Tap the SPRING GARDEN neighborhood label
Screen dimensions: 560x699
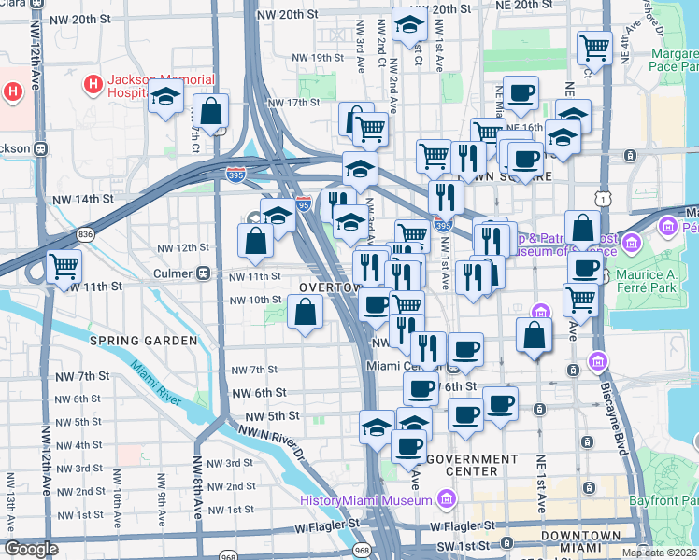tap(143, 341)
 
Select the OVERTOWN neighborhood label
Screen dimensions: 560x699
tap(329, 287)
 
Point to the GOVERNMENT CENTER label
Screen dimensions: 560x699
tap(471, 466)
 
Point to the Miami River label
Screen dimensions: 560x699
tap(155, 383)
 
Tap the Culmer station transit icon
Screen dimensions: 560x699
tap(202, 273)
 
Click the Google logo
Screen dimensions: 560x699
tap(32, 548)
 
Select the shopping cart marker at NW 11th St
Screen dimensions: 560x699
tap(64, 267)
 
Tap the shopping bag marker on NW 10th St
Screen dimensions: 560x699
tap(305, 313)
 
